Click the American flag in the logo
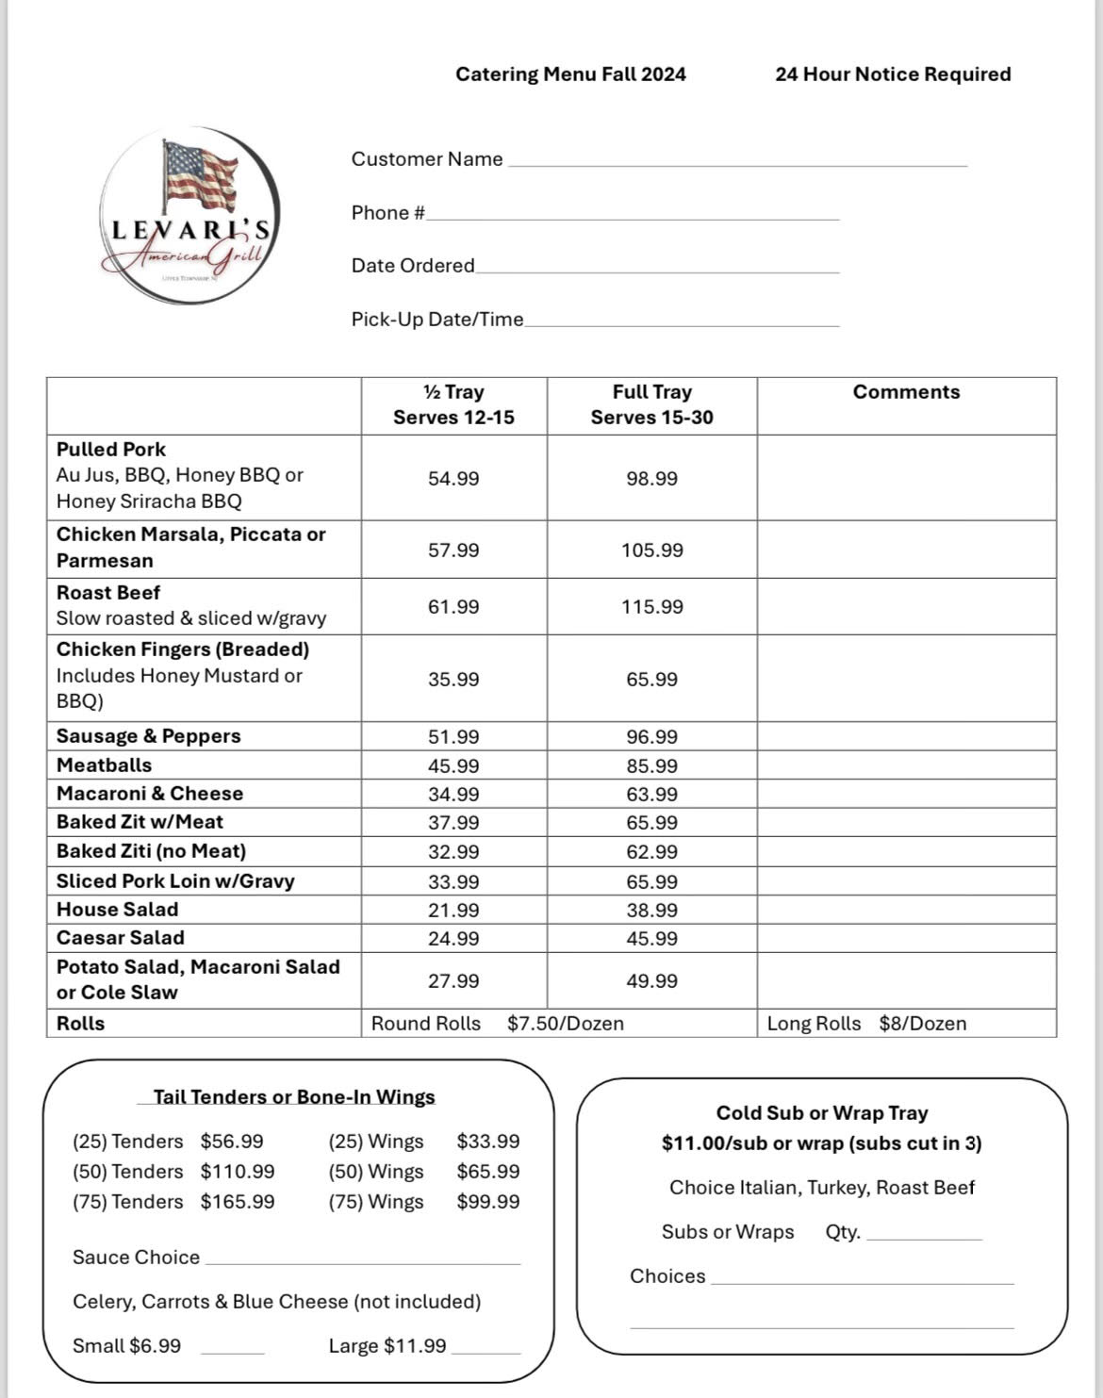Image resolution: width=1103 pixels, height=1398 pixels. (x=200, y=174)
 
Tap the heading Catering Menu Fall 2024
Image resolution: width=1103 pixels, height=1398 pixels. (x=570, y=74)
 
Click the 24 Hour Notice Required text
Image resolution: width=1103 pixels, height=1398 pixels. (x=892, y=74)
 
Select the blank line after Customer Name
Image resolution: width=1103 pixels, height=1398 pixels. (x=737, y=162)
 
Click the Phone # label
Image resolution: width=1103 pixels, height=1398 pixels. (x=387, y=213)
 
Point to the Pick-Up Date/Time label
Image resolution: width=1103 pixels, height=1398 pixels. (x=436, y=320)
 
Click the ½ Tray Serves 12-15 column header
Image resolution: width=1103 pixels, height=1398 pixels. (x=453, y=404)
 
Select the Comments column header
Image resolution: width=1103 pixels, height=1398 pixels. (x=906, y=392)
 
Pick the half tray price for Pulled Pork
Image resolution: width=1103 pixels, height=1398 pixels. (x=453, y=479)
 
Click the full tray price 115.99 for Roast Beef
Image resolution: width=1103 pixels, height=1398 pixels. (x=651, y=607)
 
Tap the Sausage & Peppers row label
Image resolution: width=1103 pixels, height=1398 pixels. (x=148, y=736)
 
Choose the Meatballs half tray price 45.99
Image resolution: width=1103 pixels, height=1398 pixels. (x=453, y=766)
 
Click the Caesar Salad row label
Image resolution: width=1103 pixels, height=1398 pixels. (x=120, y=938)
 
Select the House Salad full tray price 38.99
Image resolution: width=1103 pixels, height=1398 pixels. (x=651, y=911)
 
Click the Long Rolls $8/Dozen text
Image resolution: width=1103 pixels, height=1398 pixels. (x=866, y=1024)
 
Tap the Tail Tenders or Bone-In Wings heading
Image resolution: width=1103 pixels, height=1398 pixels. (x=294, y=1097)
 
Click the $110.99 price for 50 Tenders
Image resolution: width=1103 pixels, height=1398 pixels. (x=238, y=1172)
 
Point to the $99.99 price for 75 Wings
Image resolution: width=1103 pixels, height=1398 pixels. (x=487, y=1202)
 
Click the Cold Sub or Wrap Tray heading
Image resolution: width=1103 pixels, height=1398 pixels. (x=822, y=1113)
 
